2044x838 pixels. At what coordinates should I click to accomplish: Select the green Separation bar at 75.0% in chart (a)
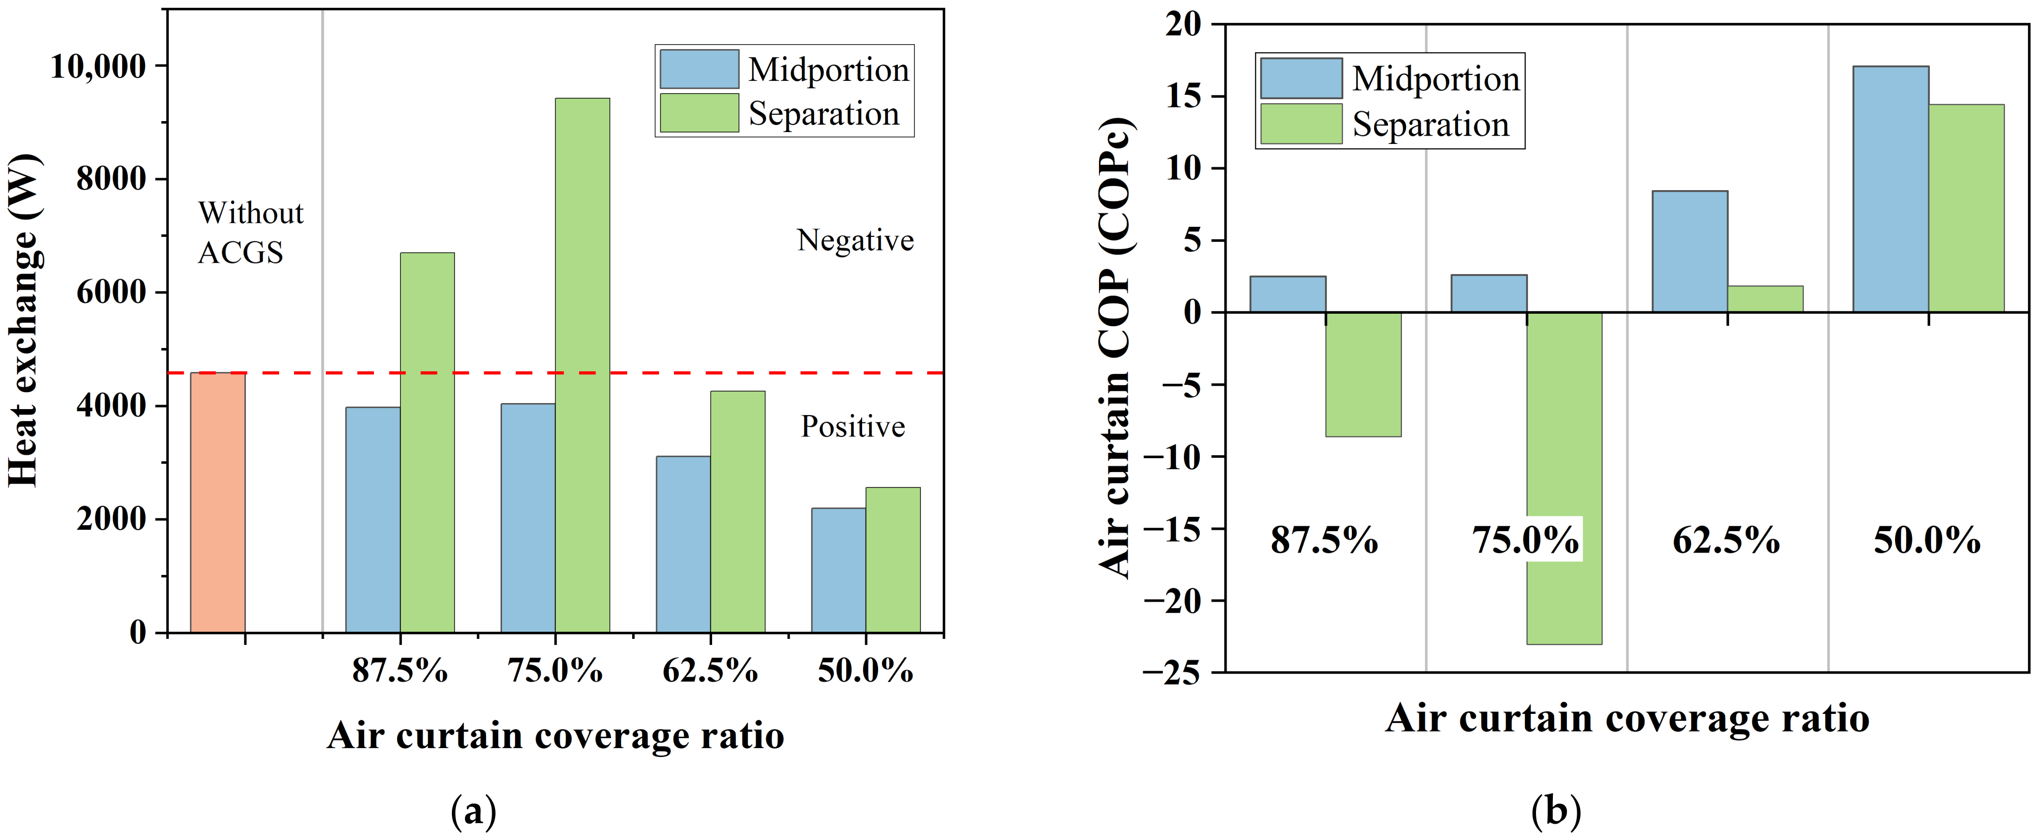[583, 365]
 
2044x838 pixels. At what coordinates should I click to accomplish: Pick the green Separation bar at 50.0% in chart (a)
[893, 559]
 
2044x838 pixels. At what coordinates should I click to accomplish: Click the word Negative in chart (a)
[855, 240]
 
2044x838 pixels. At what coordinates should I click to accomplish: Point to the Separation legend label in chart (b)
[1430, 125]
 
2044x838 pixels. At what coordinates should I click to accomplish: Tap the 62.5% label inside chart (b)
[1726, 541]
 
